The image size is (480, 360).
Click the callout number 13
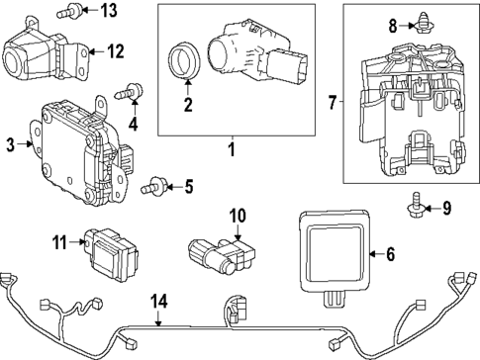pyautogui.click(x=109, y=10)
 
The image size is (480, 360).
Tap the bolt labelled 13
pyautogui.click(x=68, y=11)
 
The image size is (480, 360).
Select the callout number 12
pyautogui.click(x=116, y=51)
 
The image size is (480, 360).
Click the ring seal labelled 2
pyautogui.click(x=184, y=60)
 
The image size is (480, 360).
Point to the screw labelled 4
pyautogui.click(x=129, y=91)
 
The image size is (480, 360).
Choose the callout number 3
pyautogui.click(x=11, y=145)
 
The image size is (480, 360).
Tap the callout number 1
pyautogui.click(x=233, y=149)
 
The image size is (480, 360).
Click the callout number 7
pyautogui.click(x=333, y=102)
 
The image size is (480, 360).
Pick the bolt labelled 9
pyautogui.click(x=416, y=206)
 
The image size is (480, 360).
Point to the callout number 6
pyautogui.click(x=390, y=254)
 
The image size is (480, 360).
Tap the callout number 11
pyautogui.click(x=59, y=243)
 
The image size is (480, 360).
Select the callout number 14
pyautogui.click(x=159, y=302)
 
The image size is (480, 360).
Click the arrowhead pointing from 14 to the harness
pyautogui.click(x=158, y=323)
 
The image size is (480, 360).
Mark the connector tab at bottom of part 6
pyautogui.click(x=334, y=300)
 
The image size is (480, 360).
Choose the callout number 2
pyautogui.click(x=188, y=105)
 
